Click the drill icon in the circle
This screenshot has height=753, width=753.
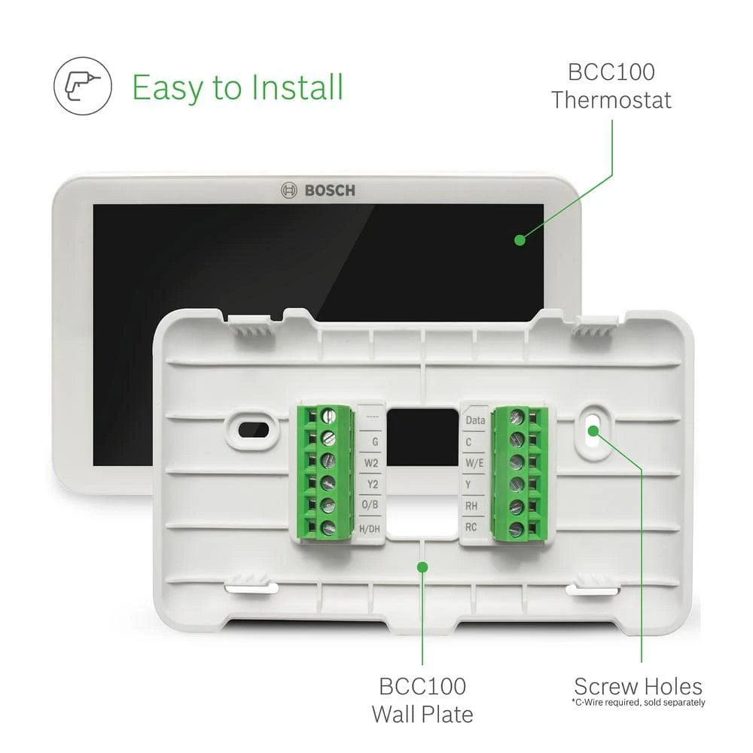(83, 87)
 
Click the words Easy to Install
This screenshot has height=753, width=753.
(237, 87)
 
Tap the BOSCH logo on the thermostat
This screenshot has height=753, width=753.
(317, 190)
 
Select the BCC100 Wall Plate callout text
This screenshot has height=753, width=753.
(422, 700)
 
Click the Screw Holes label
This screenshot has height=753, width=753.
(638, 687)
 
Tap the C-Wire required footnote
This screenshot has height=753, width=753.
(638, 703)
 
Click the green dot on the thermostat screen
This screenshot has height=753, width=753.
(520, 239)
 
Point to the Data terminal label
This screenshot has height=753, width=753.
(475, 420)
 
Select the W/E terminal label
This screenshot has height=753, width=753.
(474, 463)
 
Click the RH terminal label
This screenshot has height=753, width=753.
(472, 506)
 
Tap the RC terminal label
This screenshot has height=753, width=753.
(471, 527)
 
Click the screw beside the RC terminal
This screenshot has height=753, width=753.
(516, 529)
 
